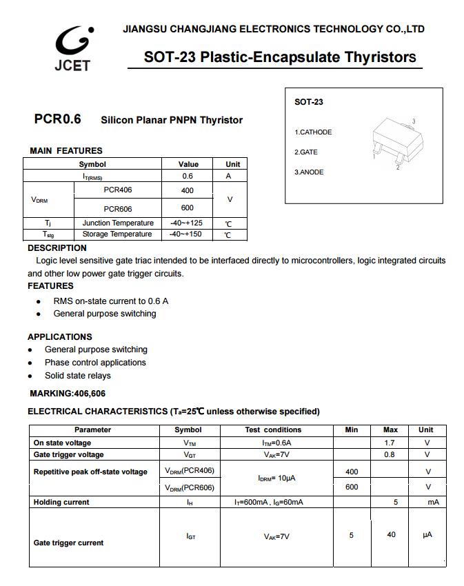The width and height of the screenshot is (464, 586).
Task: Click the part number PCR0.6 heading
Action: pyautogui.click(x=57, y=119)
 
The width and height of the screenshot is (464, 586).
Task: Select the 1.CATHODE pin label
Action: pyautogui.click(x=313, y=132)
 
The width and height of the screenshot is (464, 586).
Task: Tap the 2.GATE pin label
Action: pyautogui.click(x=306, y=152)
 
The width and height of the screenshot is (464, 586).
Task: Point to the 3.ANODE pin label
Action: pyautogui.click(x=309, y=172)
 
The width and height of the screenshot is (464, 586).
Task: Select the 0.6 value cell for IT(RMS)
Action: pyautogui.click(x=188, y=176)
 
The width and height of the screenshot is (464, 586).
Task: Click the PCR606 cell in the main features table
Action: pyautogui.click(x=118, y=209)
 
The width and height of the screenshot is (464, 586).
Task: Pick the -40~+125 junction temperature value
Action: pyautogui.click(x=186, y=223)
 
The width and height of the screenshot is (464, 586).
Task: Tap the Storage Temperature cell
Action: pyautogui.click(x=117, y=234)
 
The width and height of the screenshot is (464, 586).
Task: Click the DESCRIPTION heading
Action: pyautogui.click(x=57, y=248)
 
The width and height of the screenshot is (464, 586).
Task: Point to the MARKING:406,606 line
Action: pyautogui.click(x=68, y=394)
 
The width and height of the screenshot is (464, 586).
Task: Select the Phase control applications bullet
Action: pyautogui.click(x=95, y=363)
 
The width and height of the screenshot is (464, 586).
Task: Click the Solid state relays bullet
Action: pyautogui.click(x=78, y=376)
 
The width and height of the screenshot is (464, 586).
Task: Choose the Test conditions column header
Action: pyautogui.click(x=273, y=430)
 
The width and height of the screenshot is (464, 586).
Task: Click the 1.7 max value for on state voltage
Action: pyautogui.click(x=390, y=443)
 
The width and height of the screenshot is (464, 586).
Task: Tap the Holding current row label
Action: pyautogui.click(x=61, y=503)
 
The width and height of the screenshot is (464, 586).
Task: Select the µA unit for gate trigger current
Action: pyautogui.click(x=427, y=535)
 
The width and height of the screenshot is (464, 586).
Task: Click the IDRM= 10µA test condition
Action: pyautogui.click(x=276, y=478)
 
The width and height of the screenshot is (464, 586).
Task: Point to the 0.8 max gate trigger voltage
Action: pyautogui.click(x=390, y=455)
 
